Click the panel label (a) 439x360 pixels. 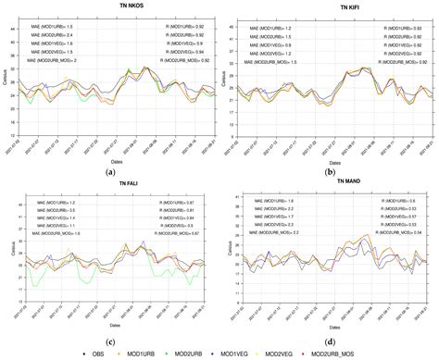tap(110, 172)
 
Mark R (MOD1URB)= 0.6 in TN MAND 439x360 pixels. tap(398, 202)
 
